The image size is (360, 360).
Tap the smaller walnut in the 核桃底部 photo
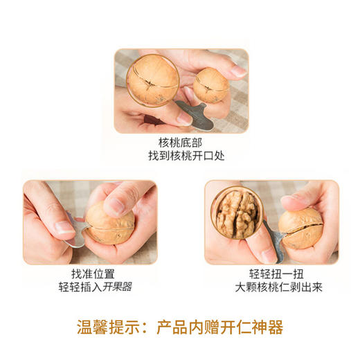(x=210, y=86)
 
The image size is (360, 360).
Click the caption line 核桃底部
(x=181, y=143)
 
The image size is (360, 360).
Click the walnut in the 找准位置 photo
(x=109, y=222)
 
